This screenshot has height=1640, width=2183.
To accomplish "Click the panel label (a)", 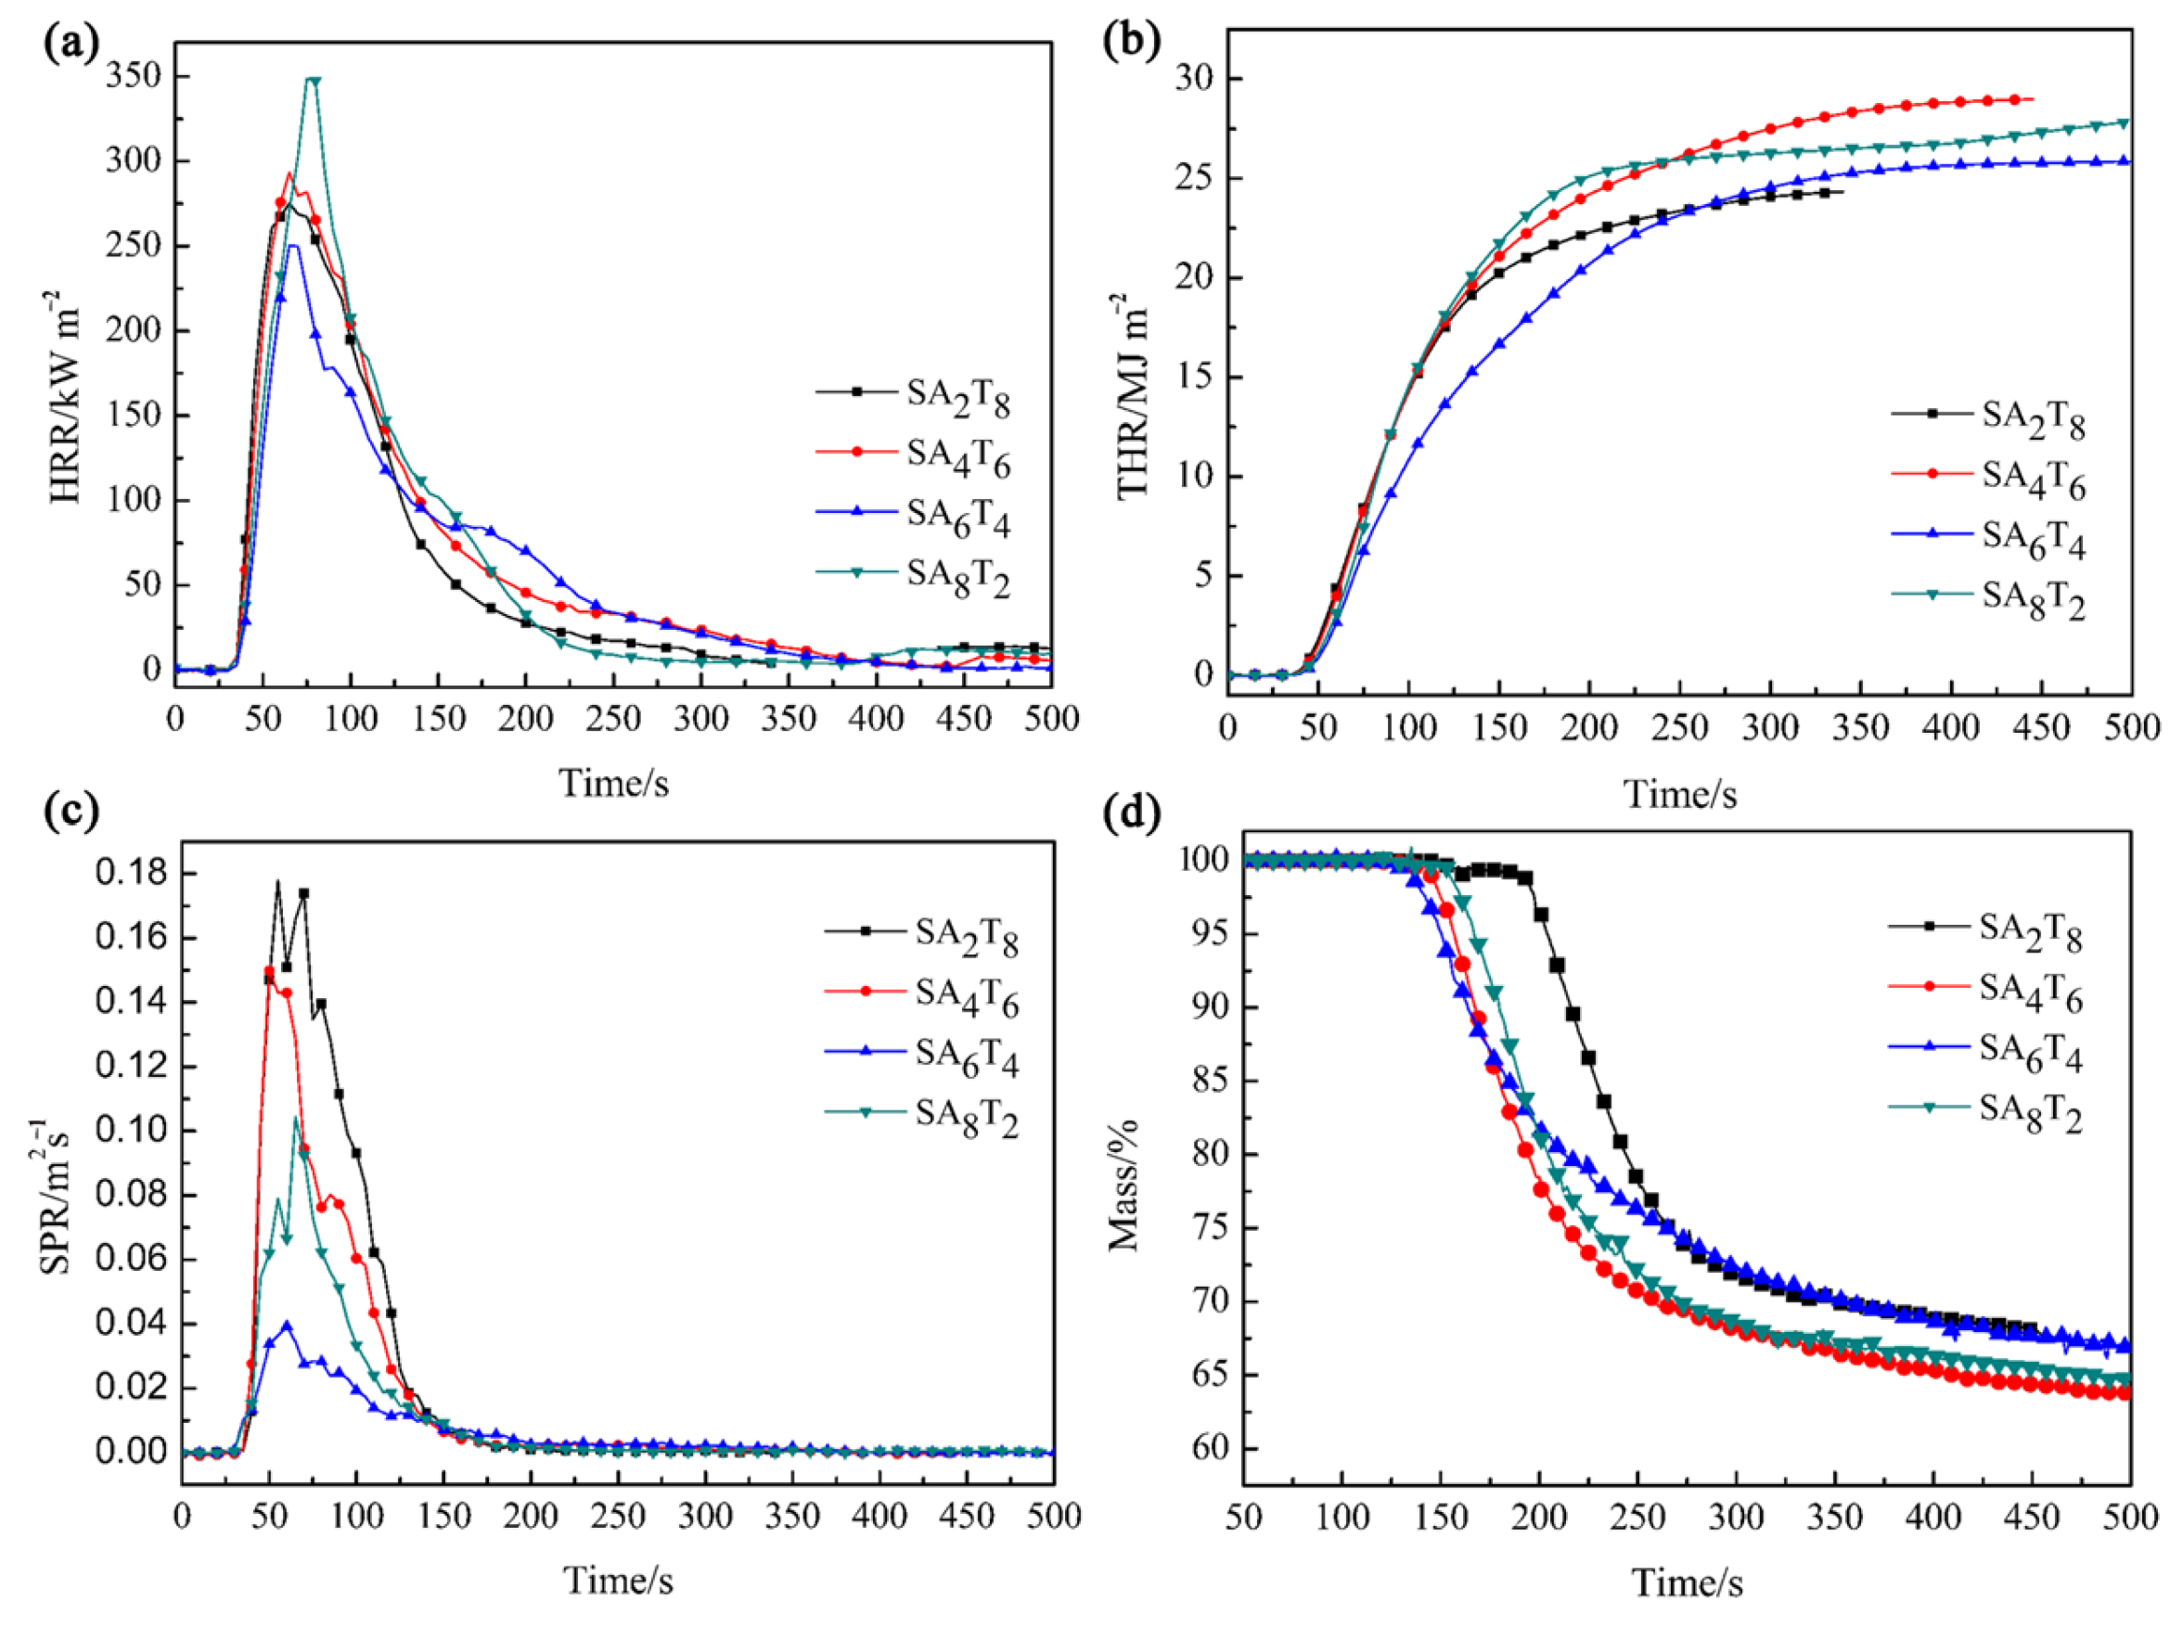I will [71, 45].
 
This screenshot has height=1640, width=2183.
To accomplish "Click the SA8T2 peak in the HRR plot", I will [313, 80].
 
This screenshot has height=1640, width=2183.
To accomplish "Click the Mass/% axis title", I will [1124, 1185].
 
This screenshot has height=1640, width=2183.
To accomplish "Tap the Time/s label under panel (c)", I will [618, 1581].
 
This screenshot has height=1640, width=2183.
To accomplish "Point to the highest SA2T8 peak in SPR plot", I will [278, 881].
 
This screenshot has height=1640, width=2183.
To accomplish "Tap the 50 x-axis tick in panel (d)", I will [1243, 1516].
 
